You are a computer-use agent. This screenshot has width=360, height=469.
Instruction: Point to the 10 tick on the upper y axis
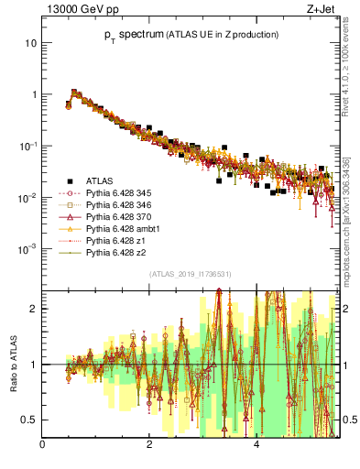[31, 43]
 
